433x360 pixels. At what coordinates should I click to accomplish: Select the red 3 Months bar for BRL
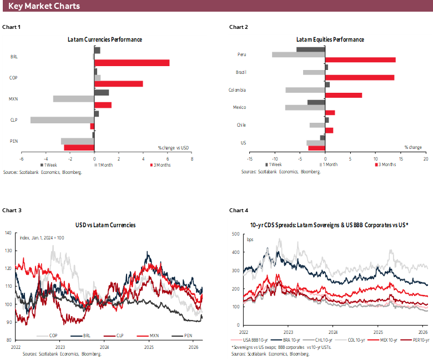(x=132, y=63)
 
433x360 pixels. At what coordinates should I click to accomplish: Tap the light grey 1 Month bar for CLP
(x=62, y=119)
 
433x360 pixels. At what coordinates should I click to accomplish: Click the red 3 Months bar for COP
(x=118, y=84)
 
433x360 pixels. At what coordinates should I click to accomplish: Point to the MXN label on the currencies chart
(x=14, y=99)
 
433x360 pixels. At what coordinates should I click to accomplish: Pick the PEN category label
(x=14, y=141)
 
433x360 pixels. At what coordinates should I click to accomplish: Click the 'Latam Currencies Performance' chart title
(x=105, y=40)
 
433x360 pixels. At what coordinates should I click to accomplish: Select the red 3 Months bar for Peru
(x=360, y=59)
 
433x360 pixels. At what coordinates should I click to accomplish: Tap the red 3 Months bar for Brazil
(x=359, y=77)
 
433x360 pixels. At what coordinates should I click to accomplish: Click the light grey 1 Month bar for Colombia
(x=305, y=90)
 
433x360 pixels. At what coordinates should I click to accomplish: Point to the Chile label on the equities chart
(x=241, y=125)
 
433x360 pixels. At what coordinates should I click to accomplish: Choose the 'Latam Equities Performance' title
(x=330, y=40)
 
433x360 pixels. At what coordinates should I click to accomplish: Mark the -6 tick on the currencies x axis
(x=21, y=158)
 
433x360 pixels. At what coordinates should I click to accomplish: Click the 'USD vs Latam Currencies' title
(x=105, y=225)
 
